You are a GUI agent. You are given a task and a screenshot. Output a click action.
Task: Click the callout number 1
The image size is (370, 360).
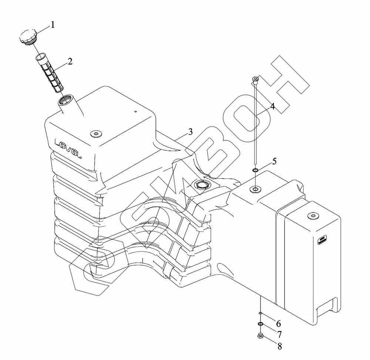coord(53,25)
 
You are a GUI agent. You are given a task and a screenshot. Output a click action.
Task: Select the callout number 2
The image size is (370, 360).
coord(70,61)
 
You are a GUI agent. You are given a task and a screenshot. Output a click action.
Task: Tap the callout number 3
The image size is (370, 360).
coord(190,132)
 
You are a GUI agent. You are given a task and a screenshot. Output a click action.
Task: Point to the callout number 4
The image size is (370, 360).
coord(272,107)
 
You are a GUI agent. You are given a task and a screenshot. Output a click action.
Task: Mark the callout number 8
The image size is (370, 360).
coord(279,347)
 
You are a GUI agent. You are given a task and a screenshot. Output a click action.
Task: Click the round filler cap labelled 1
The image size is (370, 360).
coord(26,37)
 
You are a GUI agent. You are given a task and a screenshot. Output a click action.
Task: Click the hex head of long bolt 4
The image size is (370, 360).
coord(255,79)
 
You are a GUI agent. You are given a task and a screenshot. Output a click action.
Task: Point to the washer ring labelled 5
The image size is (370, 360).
coord(255,170)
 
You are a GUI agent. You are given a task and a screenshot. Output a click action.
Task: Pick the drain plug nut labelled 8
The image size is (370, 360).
coord(260,336)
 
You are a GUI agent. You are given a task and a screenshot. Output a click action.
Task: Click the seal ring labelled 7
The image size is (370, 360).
coord(260,325)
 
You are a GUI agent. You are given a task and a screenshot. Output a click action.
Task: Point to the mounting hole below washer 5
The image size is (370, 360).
coord(255,189)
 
